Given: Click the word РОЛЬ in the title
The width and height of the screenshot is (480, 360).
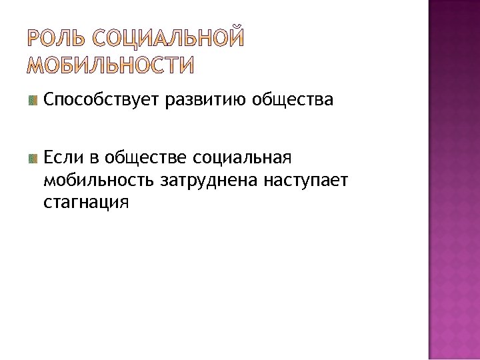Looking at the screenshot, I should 59,39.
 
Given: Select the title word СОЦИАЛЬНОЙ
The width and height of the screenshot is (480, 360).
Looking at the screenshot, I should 169,39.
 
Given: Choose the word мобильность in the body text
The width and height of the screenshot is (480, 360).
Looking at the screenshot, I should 99,179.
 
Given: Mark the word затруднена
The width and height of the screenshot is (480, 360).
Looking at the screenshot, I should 208,179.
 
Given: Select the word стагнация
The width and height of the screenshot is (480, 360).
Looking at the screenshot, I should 84,201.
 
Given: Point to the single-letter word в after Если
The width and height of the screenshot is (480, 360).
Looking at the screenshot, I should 94,158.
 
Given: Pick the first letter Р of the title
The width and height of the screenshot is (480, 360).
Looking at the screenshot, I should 35,39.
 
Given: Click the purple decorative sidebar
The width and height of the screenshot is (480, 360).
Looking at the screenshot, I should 453,180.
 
